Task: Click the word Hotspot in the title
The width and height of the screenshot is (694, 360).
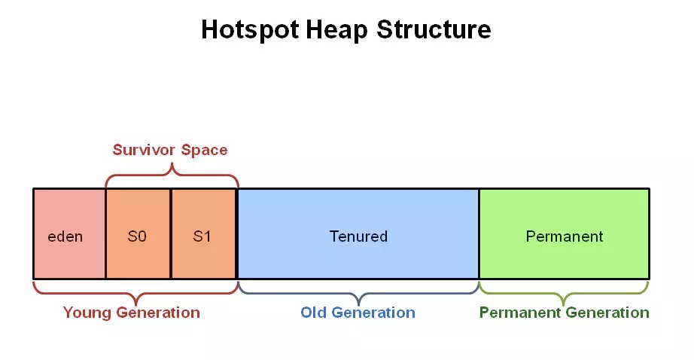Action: click(x=250, y=30)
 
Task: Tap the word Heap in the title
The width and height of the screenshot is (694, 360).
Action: click(x=336, y=30)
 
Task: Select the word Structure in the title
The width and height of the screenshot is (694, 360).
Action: click(x=434, y=29)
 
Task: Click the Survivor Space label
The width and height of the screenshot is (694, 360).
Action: click(x=170, y=150)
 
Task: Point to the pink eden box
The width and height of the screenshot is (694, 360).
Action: click(x=69, y=233)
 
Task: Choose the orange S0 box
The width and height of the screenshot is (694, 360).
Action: click(x=138, y=233)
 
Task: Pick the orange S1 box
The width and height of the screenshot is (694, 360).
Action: click(x=203, y=233)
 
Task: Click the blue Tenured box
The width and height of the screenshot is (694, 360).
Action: click(x=358, y=233)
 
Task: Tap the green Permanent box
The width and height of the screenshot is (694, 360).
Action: click(x=565, y=233)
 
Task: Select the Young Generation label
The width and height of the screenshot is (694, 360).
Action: click(x=132, y=313)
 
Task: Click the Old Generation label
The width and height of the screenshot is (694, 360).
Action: click(x=358, y=313)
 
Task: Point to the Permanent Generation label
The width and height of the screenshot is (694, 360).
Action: click(x=565, y=313)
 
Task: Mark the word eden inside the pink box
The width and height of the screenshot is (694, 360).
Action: click(x=65, y=236)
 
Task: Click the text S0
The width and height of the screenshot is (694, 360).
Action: click(x=137, y=236)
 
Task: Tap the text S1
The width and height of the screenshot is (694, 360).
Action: click(x=202, y=236)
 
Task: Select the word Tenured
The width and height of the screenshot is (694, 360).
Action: click(x=358, y=236)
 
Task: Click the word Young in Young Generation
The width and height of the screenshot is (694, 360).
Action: click(x=87, y=313)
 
